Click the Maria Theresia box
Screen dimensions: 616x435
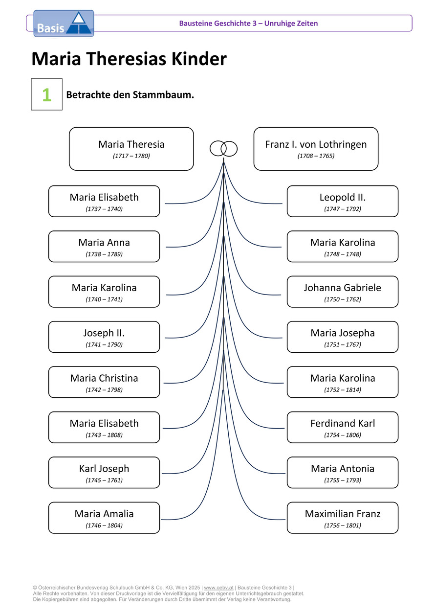point(131,149)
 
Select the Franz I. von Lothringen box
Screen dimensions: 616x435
point(316,149)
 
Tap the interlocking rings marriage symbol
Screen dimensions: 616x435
point(223,148)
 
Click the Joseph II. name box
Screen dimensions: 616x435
point(104,337)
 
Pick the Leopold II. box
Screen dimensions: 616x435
point(342,201)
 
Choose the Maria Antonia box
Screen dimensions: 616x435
point(342,472)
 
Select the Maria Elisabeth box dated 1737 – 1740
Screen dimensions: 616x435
point(104,201)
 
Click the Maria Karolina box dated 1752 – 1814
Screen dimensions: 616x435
point(342,382)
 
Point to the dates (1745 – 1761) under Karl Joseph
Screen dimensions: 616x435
point(104,480)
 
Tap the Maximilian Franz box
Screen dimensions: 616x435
point(342,518)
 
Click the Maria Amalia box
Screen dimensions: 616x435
point(104,518)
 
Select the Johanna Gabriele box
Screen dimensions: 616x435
point(342,292)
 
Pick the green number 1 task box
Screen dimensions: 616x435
point(47,94)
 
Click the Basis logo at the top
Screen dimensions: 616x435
point(64,23)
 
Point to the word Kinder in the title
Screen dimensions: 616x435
point(199,59)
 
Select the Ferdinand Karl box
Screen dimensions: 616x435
point(342,427)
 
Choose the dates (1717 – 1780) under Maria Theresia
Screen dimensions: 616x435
point(131,156)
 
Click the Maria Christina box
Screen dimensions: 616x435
point(104,382)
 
